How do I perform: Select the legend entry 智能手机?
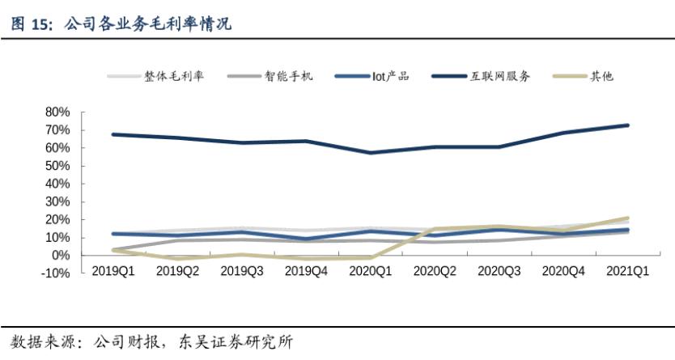288,76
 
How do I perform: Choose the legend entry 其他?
601,76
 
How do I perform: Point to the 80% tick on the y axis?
59,112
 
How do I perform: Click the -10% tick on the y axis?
57,273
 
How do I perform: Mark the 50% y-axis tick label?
59,166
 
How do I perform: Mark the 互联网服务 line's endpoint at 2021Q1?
627,125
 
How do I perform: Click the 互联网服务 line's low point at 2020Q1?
370,153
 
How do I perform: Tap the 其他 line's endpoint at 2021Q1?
627,218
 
